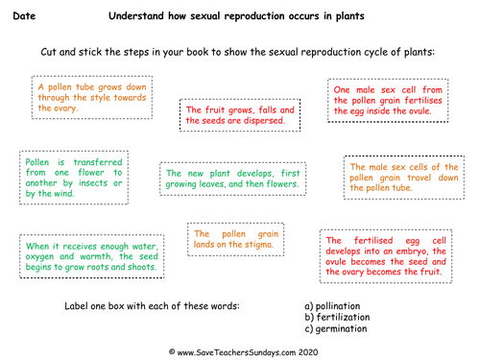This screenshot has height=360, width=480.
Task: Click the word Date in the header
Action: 24,15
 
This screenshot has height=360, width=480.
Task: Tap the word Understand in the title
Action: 136,15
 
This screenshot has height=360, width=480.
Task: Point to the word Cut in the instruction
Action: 48,52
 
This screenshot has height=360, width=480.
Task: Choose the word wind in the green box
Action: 64,194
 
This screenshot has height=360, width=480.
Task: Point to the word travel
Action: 420,178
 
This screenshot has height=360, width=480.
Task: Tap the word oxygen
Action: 39,257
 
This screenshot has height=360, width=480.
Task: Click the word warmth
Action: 96,256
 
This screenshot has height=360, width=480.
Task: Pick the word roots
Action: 97,267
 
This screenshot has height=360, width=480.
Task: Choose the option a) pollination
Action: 332,306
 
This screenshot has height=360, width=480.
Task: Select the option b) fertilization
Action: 337,317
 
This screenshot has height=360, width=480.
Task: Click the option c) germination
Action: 336,328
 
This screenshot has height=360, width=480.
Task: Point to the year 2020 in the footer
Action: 308,352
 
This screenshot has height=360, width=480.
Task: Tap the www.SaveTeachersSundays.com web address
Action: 236,352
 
